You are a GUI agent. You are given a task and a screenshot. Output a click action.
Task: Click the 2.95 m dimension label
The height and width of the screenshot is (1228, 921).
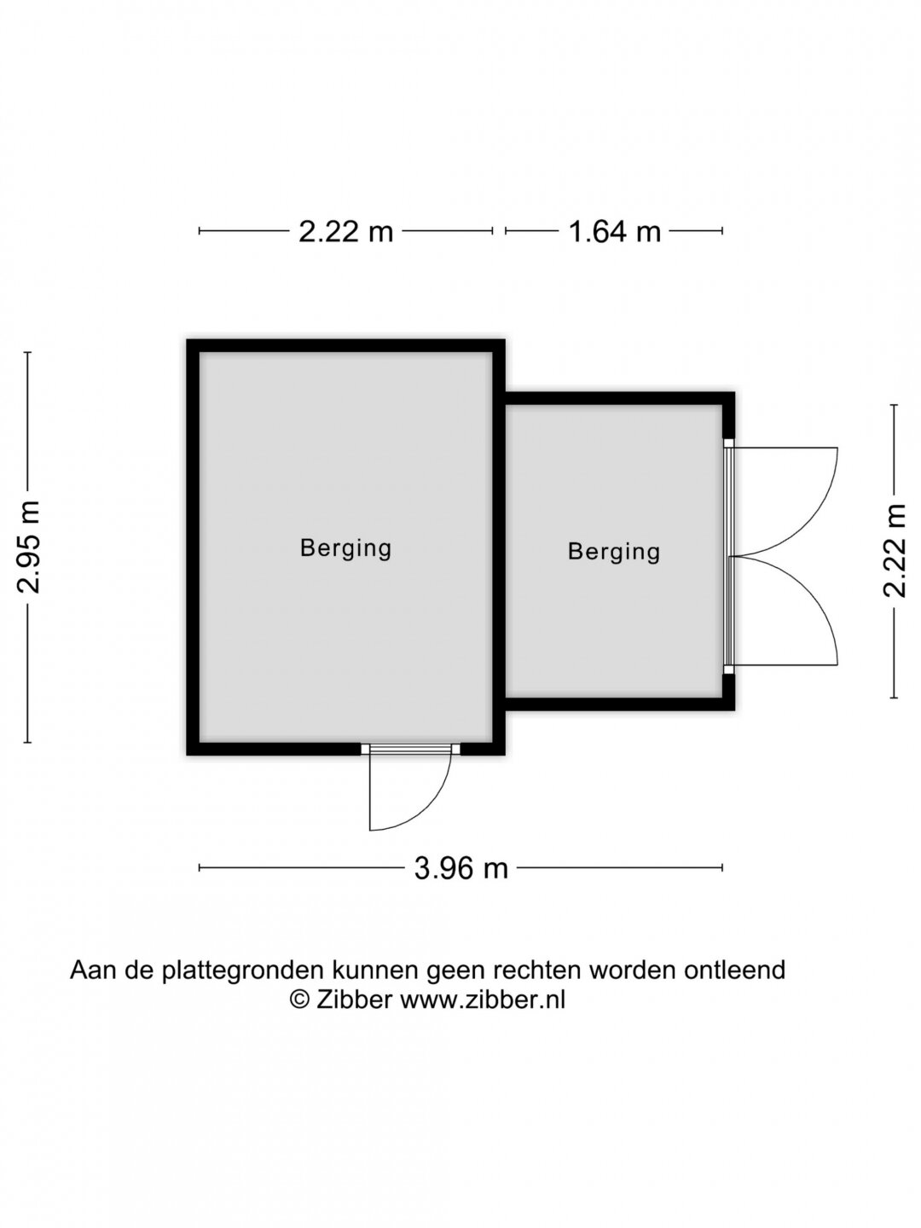28,547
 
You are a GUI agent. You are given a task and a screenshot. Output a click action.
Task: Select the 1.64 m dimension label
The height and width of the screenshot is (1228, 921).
614,231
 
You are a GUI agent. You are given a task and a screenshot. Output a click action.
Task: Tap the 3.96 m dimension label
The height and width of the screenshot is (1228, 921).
460,868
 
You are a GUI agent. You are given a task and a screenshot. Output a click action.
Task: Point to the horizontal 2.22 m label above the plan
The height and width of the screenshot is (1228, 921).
345,231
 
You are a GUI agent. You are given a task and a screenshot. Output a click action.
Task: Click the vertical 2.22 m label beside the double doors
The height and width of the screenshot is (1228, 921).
895,551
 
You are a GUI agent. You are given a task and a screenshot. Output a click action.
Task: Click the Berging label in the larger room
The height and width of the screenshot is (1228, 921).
345,548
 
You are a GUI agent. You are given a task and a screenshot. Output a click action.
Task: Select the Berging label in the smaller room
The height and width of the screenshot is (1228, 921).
614,553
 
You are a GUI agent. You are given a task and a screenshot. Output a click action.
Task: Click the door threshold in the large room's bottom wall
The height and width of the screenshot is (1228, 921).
410,749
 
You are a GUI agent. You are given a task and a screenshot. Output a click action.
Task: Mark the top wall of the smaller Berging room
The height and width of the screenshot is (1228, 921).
620,398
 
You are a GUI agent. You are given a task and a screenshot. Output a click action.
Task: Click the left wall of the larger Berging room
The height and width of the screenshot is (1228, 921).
193,547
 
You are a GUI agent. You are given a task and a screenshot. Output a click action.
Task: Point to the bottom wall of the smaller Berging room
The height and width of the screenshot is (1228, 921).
620,704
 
